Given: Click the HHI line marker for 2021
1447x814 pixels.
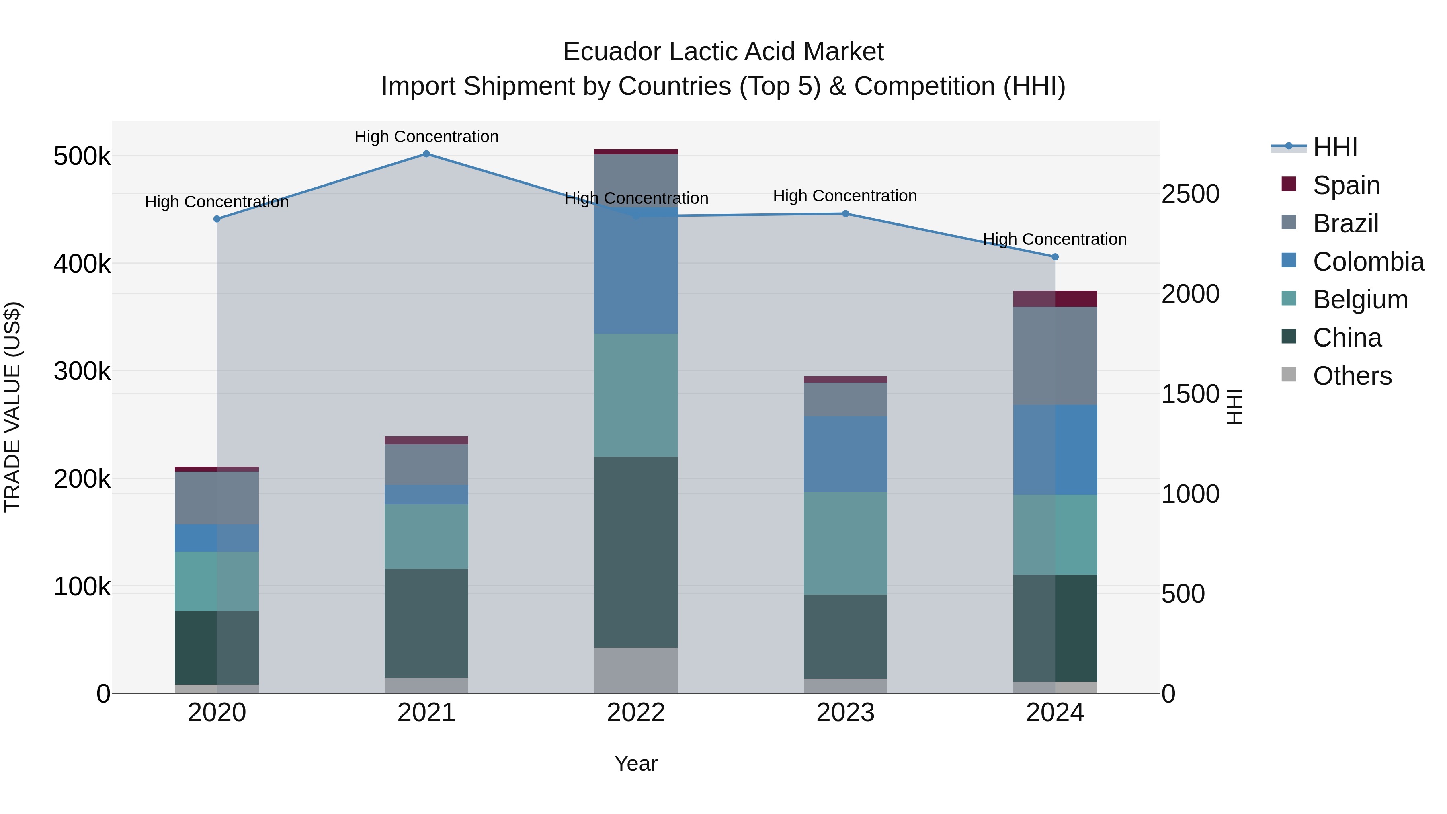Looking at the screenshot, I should [x=426, y=154].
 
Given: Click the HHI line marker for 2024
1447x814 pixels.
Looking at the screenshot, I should [x=1055, y=257].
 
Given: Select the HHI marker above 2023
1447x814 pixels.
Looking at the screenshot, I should [x=845, y=214].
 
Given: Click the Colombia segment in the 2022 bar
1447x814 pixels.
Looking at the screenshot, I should [x=636, y=271].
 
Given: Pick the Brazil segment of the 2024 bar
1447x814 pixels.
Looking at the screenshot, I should [x=1055, y=356].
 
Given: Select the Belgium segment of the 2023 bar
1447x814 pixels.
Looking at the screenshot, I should [x=845, y=543].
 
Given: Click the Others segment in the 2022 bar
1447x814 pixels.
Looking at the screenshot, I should [x=636, y=670].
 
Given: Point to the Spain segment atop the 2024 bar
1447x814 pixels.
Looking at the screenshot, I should [x=1055, y=299].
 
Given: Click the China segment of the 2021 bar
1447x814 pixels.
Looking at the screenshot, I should [x=426, y=623].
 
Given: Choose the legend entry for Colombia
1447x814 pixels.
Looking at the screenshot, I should [x=1368, y=262].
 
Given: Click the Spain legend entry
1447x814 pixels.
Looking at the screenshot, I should [x=1346, y=185].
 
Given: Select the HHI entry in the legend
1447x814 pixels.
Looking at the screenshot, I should [x=1334, y=147].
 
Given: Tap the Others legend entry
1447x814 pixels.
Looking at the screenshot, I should [x=1351, y=376].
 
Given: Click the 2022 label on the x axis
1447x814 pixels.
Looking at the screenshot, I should [x=636, y=713].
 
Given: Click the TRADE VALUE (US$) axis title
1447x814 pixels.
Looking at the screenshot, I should [x=12, y=407].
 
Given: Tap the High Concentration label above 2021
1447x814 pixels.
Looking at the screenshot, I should [x=426, y=137].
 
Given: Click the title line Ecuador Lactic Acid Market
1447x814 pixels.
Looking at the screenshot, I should [x=723, y=52].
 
